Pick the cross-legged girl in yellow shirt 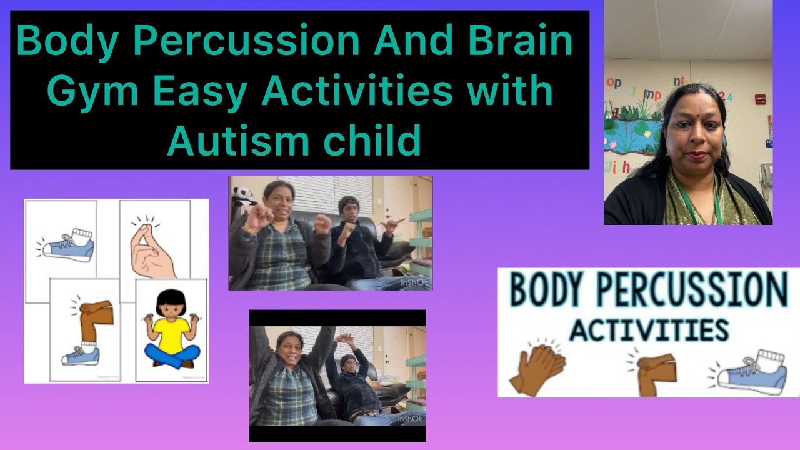pyautogui.click(x=171, y=331)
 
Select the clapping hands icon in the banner pyautogui.click(x=537, y=371)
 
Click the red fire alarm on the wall pyautogui.click(x=760, y=99)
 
